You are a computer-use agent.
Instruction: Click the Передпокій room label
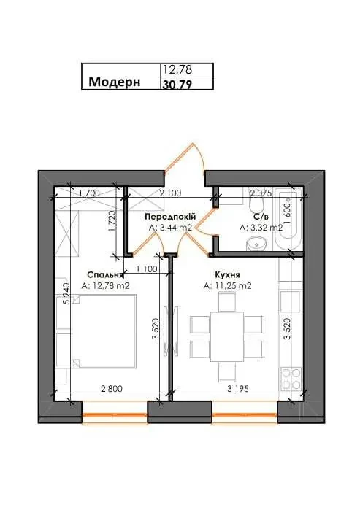point(169,217)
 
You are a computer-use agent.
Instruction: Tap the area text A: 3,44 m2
point(170,228)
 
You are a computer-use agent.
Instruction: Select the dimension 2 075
point(261,193)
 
